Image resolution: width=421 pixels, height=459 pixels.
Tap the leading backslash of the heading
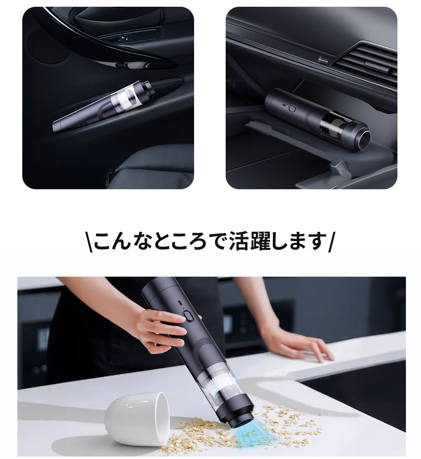click(x=91, y=242)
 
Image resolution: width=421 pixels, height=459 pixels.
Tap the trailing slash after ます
click(x=330, y=242)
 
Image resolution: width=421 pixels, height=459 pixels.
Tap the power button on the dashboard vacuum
click(x=292, y=108)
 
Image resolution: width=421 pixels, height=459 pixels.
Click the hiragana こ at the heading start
click(x=104, y=241)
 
